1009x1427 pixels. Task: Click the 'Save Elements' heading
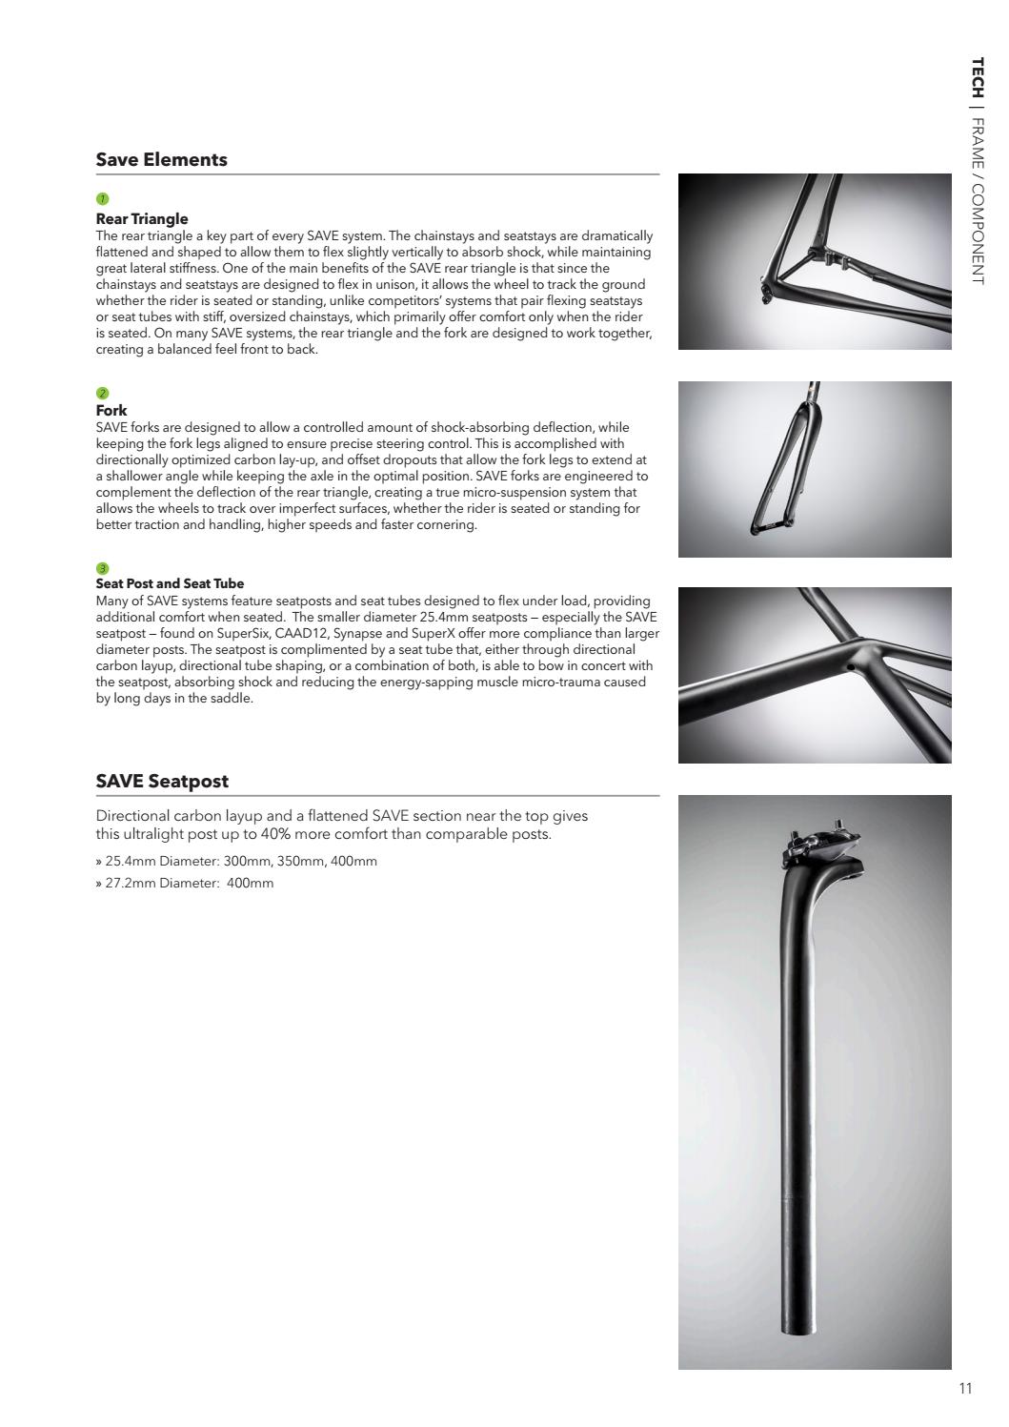(x=161, y=160)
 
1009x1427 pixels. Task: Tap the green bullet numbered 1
(x=102, y=198)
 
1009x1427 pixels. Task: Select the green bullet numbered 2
(x=102, y=393)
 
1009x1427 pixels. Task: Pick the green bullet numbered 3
(x=102, y=568)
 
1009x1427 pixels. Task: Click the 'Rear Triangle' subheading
(x=142, y=219)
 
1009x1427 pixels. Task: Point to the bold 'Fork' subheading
(x=111, y=411)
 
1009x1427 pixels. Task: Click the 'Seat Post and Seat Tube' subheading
(x=170, y=583)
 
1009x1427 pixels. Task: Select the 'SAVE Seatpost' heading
(x=162, y=782)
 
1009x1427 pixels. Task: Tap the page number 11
(x=965, y=1388)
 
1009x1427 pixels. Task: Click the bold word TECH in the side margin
(x=977, y=78)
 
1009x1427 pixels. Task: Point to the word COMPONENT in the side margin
(x=977, y=233)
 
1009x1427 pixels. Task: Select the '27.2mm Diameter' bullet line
(x=185, y=883)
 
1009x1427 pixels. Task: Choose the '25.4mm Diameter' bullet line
(x=236, y=861)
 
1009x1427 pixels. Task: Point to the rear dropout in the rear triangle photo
(x=766, y=292)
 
